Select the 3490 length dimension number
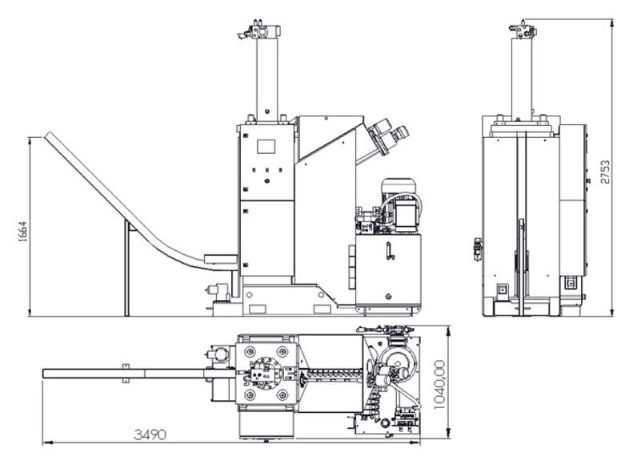tap(150, 435)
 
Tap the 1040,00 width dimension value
tap(439, 384)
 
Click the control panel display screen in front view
tap(265, 148)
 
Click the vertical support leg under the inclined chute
tap(126, 268)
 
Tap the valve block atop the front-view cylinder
tap(262, 31)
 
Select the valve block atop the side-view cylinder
tap(522, 31)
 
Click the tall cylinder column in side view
tap(522, 76)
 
